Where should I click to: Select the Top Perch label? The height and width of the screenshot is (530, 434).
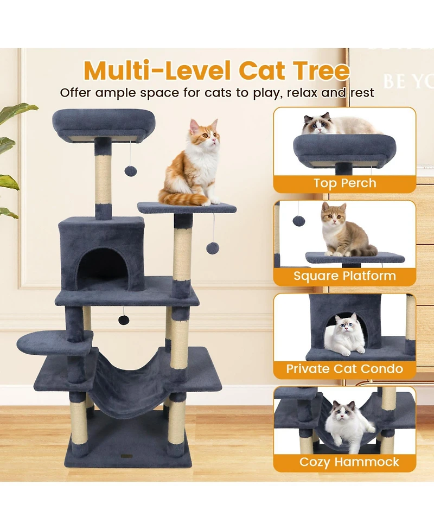344,183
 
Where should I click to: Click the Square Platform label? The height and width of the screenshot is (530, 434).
344,276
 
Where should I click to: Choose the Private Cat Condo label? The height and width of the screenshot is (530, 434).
344,369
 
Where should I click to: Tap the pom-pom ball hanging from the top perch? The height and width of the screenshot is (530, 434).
130,171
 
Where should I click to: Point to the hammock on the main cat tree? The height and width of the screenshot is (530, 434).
130,374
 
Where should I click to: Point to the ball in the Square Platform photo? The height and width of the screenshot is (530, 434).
298,221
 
